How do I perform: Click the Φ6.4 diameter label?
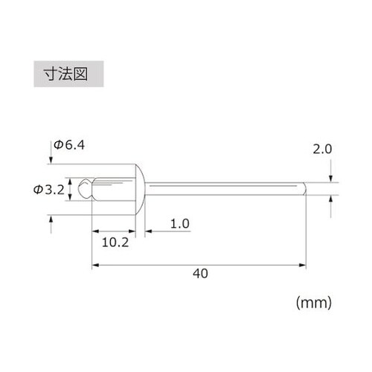point(69,146)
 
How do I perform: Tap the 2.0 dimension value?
point(322,150)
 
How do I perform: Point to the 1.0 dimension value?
point(181,223)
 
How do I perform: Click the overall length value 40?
point(199,273)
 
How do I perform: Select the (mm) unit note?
point(313,303)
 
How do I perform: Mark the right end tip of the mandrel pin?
point(305,187)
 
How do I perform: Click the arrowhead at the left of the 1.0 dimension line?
point(147,231)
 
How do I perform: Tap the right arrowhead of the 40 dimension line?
point(304,263)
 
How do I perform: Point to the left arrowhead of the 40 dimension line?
point(94,263)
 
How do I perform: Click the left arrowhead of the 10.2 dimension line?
point(94,231)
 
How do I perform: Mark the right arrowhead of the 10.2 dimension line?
point(141,231)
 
